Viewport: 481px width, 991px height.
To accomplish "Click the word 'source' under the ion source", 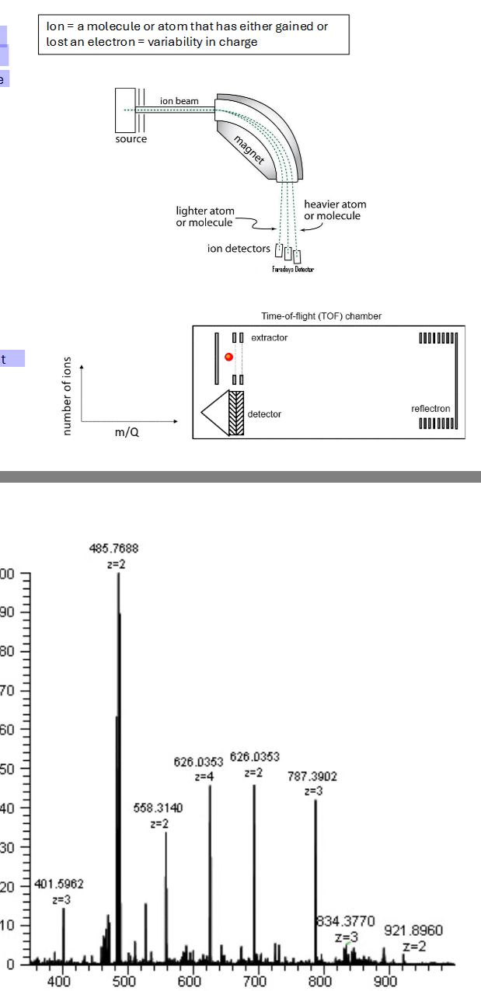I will pos(131,139).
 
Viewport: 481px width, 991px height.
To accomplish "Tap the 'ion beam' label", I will pos(179,101).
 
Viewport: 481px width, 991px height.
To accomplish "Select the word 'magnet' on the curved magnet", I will pos(250,148).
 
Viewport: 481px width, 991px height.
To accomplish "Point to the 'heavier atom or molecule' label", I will pos(335,210).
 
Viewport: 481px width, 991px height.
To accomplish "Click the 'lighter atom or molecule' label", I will pos(205,217).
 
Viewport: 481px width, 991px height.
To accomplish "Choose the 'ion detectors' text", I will pos(239,249).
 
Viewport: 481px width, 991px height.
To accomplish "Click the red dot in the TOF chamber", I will pos(228,357).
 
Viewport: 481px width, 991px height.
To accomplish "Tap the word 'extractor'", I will pos(269,337).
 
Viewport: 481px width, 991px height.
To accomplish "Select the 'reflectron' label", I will pos(430,409).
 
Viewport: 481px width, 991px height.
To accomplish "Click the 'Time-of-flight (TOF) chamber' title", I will pos(322,316).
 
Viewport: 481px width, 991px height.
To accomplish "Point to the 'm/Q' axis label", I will pos(127,432).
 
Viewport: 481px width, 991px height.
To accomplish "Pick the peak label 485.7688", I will pos(114,549).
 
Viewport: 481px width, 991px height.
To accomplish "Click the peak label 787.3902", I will pos(312,776).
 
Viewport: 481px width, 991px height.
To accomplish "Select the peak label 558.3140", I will pos(158,808).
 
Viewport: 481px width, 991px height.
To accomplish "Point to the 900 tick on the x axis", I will pos(385,981).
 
